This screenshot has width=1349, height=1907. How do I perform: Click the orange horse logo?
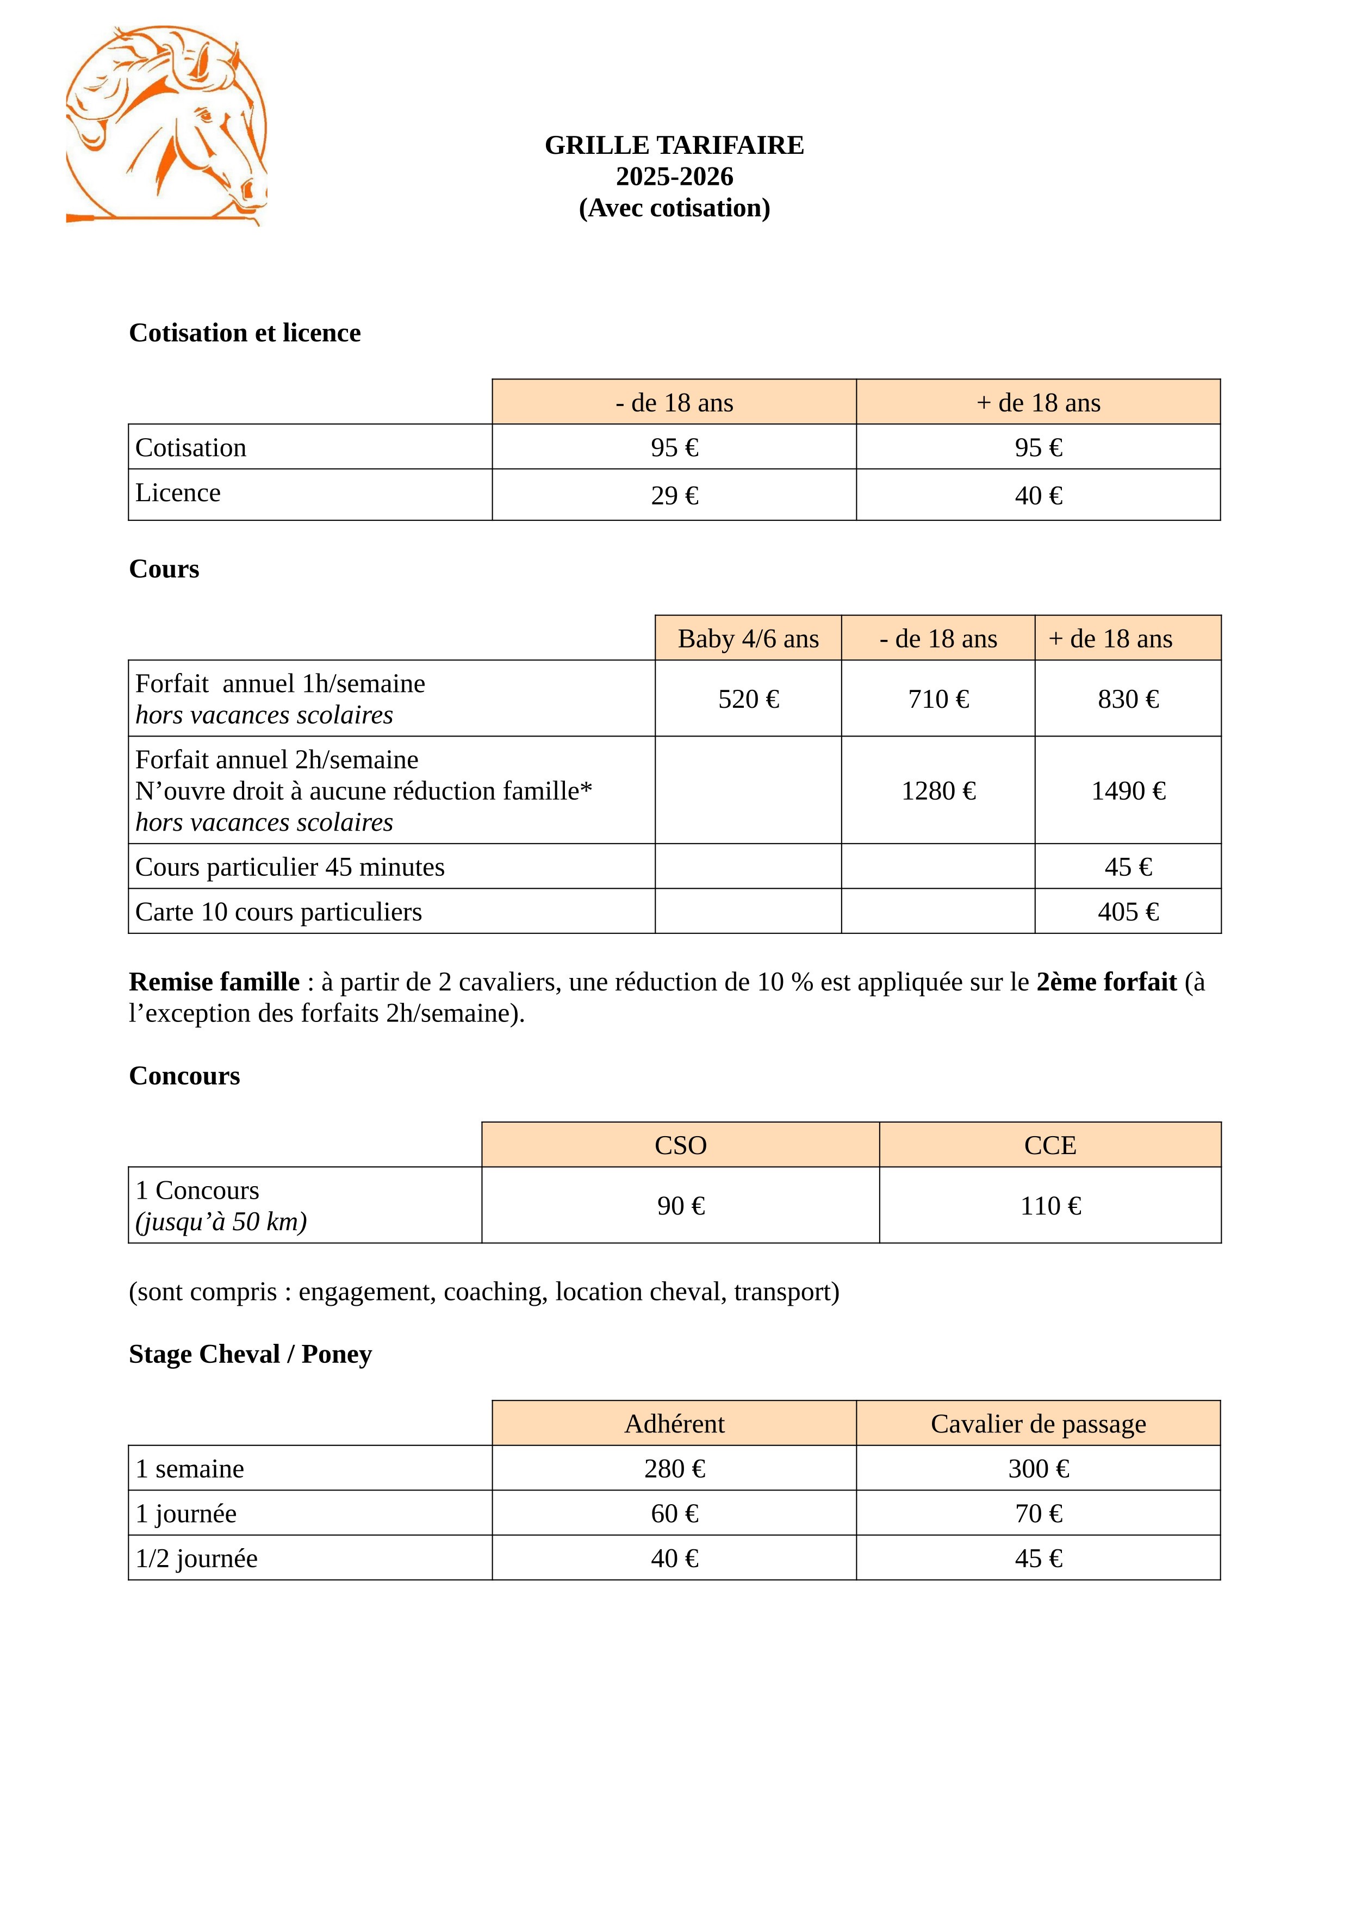(166, 124)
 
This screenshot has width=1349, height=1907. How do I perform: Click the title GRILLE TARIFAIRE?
(674, 145)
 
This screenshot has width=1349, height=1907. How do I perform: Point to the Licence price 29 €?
(674, 496)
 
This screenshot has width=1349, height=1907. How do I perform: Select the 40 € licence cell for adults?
(1039, 496)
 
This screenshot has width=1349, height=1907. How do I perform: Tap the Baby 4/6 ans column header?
(748, 639)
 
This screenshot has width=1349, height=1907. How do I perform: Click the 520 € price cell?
(748, 699)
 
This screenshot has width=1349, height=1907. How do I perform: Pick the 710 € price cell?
(938, 699)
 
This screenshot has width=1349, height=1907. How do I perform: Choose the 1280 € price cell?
(938, 791)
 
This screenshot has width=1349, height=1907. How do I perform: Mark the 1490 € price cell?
(1128, 791)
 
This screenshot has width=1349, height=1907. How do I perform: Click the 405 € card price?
(1128, 912)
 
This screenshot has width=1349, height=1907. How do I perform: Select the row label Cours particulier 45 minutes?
(290, 867)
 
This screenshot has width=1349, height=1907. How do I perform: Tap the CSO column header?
(680, 1145)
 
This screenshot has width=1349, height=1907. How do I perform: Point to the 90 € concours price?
(680, 1206)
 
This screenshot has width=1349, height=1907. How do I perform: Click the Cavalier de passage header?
(1039, 1424)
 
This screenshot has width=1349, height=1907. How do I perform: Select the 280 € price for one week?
(674, 1468)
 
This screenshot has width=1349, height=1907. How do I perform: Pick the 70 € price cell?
(1039, 1513)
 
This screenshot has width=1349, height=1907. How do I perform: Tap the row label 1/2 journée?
(197, 1558)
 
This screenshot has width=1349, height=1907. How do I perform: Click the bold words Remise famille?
(214, 982)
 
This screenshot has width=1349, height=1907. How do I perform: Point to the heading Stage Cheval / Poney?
(250, 1354)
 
